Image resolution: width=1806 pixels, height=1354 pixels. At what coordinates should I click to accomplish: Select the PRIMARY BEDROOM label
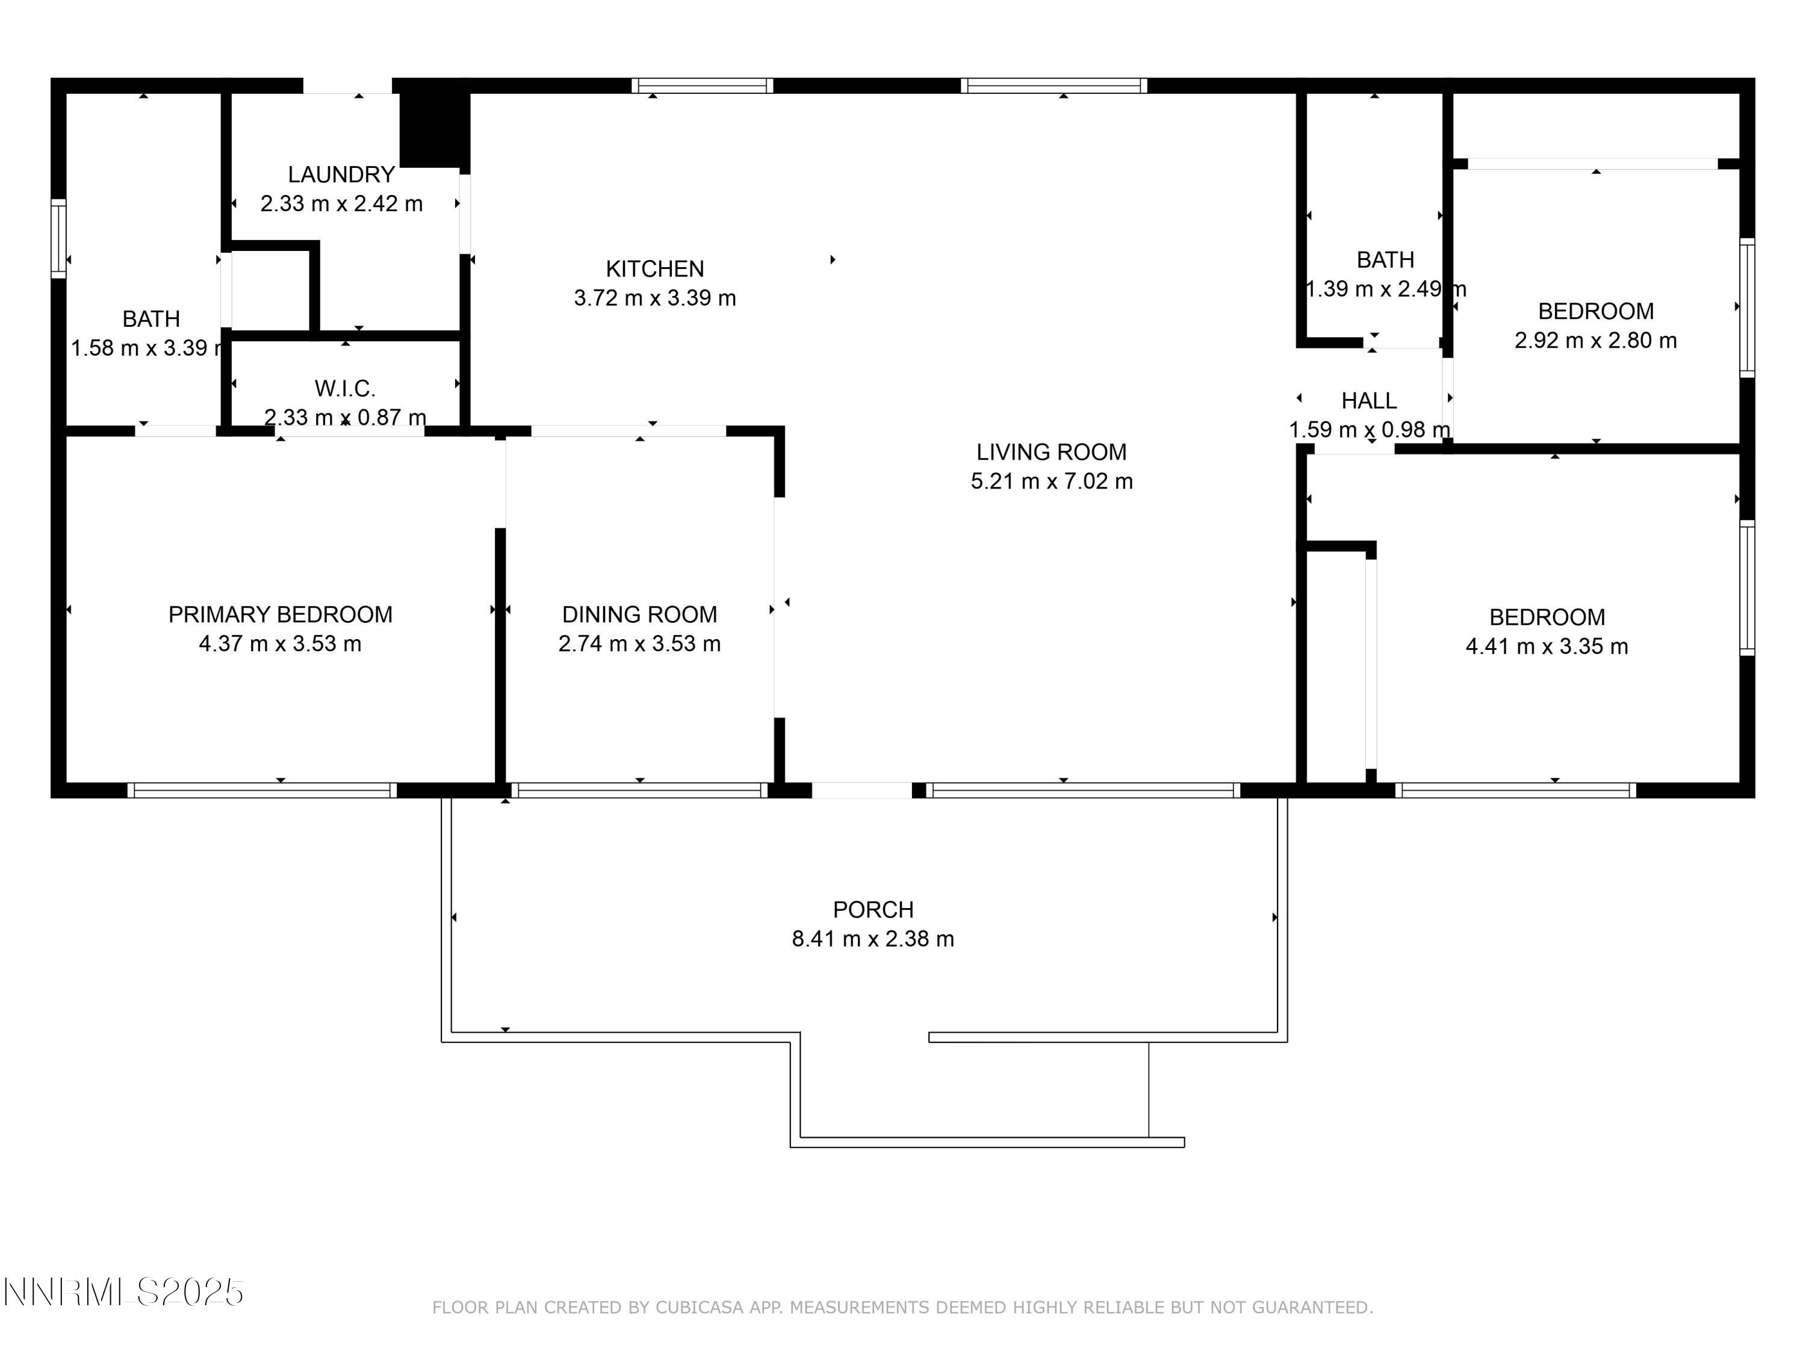[x=280, y=614]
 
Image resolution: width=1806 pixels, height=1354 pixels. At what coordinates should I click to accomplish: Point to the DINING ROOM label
[x=639, y=614]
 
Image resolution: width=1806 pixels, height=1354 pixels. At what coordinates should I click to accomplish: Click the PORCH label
[x=873, y=909]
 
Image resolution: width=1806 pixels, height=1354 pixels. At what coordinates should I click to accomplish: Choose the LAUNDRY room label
[x=341, y=174]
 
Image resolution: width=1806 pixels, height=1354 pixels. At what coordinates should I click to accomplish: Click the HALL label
[x=1368, y=401]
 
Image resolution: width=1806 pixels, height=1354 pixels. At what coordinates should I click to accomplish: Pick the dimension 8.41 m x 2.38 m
[x=873, y=939]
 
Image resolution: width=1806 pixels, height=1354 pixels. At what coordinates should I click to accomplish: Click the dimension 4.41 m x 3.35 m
[x=1547, y=646]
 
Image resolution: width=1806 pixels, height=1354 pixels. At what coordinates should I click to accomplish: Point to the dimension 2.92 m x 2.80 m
[x=1595, y=341]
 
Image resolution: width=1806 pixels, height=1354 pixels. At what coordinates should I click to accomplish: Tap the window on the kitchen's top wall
[x=702, y=85]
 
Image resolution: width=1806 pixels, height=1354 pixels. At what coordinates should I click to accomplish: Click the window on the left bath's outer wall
[x=58, y=238]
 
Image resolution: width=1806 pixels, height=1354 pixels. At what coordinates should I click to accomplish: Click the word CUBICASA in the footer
[x=700, y=1308]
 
